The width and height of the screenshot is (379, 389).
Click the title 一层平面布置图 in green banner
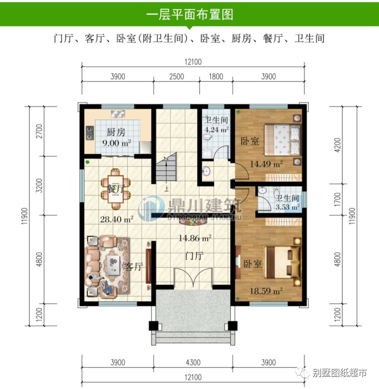pos(189,14)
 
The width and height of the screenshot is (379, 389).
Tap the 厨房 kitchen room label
pos(116,133)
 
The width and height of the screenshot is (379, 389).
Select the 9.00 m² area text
pos(116,142)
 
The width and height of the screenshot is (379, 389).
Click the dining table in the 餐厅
pos(116,186)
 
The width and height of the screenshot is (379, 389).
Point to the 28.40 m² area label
pos(116,219)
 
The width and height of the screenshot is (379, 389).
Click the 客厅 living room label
pos(134,267)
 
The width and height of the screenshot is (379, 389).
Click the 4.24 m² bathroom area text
pos(217,129)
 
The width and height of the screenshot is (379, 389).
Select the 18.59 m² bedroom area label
pos(266,289)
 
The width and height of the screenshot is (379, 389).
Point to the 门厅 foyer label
pos(194,256)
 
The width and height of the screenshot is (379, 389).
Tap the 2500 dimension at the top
pos(176,76)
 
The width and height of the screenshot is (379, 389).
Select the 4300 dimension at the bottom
pos(193,362)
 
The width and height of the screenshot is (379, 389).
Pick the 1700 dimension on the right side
pos(337,199)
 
